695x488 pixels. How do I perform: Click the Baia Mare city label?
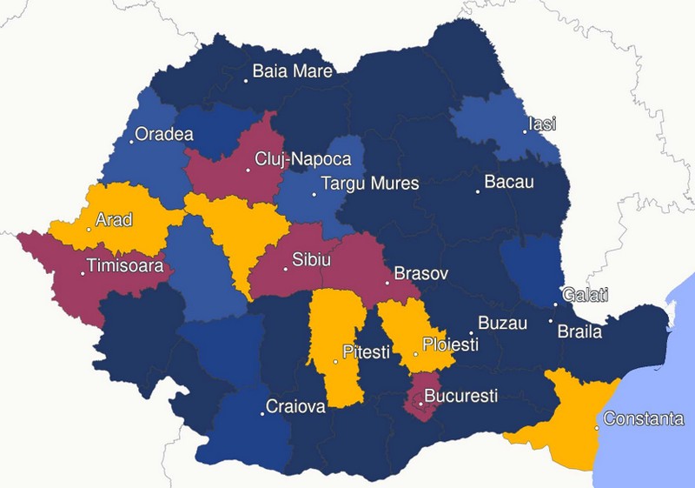pyautogui.click(x=292, y=71)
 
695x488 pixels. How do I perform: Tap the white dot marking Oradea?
pyautogui.click(x=132, y=141)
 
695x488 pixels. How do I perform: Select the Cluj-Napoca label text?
pyautogui.click(x=302, y=160)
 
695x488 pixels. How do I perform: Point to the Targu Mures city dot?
pyautogui.click(x=314, y=193)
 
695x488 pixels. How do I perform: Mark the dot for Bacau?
pyautogui.click(x=477, y=191)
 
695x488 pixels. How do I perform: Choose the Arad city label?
pyautogui.click(x=114, y=220)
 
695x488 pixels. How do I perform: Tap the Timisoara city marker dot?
pyautogui.click(x=83, y=274)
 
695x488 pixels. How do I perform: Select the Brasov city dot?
pyautogui.click(x=387, y=282)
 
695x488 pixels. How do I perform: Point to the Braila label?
pyautogui.click(x=579, y=331)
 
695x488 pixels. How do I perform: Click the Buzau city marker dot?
pyautogui.click(x=471, y=333)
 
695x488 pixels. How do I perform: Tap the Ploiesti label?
pyautogui.click(x=450, y=344)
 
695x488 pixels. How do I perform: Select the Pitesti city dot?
pyautogui.click(x=336, y=361)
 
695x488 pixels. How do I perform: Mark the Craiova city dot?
pyautogui.click(x=263, y=413)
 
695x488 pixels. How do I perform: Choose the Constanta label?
pyautogui.click(x=643, y=419)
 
